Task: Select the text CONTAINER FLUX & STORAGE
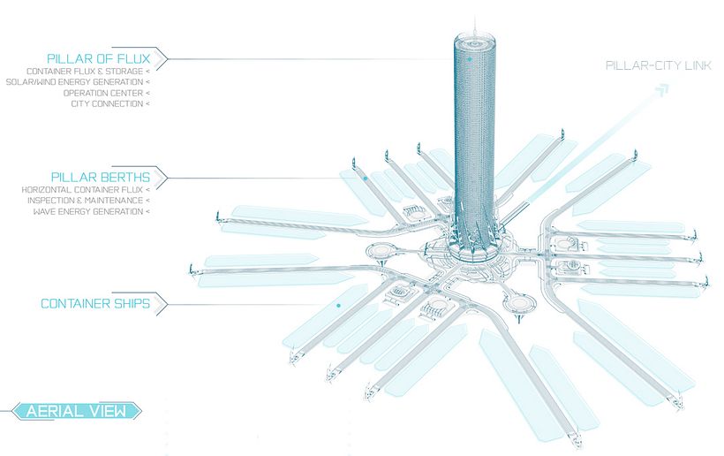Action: click(84, 72)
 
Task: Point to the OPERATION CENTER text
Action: click(102, 93)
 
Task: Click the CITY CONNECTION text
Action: click(106, 103)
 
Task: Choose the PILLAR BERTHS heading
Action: click(104, 176)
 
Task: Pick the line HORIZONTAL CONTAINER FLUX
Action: click(82, 190)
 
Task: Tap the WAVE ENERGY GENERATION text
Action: click(89, 211)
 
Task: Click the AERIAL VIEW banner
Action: click(77, 411)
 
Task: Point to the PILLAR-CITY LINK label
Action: click(654, 66)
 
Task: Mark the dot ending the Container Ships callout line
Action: click(338, 306)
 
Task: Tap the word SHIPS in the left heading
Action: click(129, 304)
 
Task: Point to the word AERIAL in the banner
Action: click(54, 411)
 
